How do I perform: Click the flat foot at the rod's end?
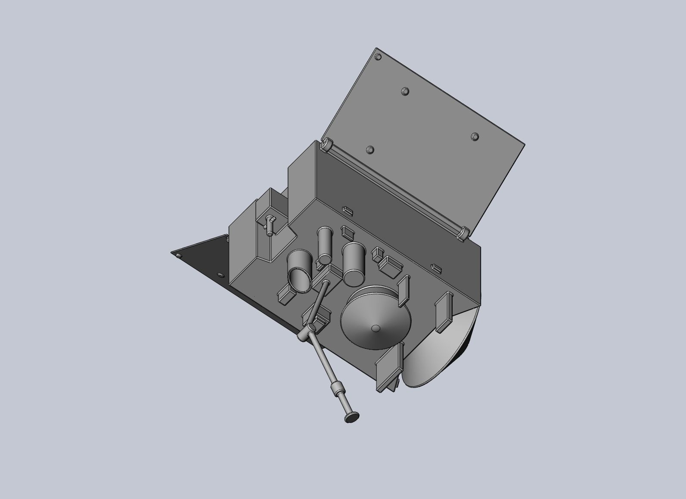coord(352,417)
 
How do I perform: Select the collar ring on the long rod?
coord(336,388)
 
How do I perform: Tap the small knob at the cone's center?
coord(376,329)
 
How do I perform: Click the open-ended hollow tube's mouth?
coord(300,279)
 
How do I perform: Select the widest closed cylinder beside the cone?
coord(354,263)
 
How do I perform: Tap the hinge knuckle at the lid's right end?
coord(463,232)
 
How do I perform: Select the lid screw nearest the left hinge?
coord(369,150)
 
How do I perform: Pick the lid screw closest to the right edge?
coord(475,136)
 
